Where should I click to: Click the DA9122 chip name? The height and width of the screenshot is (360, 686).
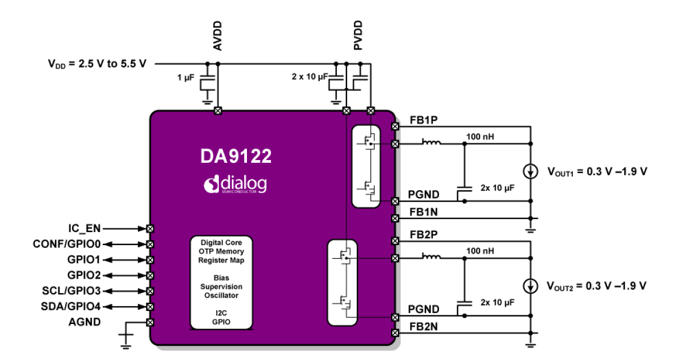236,157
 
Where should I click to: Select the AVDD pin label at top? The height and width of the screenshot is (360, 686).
218,36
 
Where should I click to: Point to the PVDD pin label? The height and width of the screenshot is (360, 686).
358,36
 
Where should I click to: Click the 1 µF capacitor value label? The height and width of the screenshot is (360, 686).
186,76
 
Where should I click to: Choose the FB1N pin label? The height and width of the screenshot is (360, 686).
424,213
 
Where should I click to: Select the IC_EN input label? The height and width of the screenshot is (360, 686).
85,229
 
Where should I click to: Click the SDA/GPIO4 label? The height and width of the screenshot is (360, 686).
71,307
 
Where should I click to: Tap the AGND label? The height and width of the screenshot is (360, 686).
85,322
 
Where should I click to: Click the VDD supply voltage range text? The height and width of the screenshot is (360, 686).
97,63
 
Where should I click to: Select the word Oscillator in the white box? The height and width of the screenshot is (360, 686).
221,295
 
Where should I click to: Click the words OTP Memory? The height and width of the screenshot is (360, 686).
221,251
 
